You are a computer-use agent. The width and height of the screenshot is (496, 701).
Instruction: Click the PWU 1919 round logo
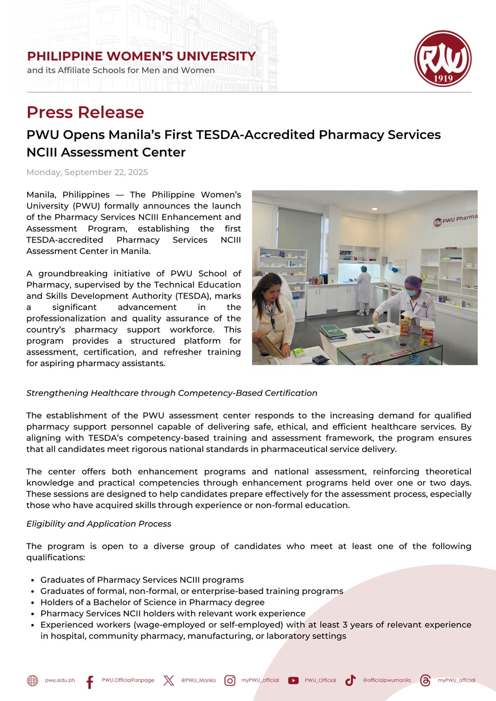click(443, 58)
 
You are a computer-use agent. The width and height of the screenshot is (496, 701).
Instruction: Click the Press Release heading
click(85, 112)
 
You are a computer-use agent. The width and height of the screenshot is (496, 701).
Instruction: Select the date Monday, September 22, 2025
click(87, 172)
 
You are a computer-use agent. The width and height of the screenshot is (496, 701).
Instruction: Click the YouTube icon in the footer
click(293, 680)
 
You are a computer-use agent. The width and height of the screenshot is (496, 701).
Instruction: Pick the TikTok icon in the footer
click(351, 680)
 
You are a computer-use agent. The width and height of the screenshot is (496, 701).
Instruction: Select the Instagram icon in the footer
click(230, 680)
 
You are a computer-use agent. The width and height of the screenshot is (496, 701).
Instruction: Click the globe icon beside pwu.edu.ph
click(33, 680)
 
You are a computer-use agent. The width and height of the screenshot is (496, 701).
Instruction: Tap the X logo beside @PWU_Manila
click(169, 680)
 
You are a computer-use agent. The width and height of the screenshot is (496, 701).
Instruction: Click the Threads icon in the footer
click(425, 680)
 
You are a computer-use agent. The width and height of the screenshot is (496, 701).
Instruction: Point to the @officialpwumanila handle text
click(387, 680)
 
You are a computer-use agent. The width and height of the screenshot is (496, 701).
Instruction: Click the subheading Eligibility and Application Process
click(99, 524)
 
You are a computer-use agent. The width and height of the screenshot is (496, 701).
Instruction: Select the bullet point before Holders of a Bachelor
click(32, 603)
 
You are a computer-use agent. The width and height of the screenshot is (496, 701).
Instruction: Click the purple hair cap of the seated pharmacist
click(413, 283)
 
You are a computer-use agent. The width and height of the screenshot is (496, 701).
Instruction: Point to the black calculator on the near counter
click(321, 359)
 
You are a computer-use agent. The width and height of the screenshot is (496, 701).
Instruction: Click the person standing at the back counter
click(364, 291)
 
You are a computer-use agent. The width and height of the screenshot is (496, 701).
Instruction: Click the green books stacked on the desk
click(333, 332)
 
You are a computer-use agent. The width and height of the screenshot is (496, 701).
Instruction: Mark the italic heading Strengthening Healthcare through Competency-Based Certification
click(172, 393)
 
